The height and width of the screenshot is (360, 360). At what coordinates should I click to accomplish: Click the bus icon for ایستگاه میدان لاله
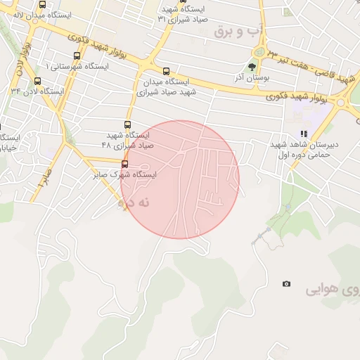click(x=42, y=5)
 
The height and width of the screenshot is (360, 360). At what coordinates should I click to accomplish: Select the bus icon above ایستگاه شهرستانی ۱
click(x=76, y=56)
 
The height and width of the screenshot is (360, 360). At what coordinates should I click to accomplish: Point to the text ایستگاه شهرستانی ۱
click(x=77, y=66)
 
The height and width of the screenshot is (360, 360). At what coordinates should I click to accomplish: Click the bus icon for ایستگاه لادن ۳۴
click(x=37, y=81)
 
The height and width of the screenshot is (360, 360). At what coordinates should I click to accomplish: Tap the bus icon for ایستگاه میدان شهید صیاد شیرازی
click(x=166, y=71)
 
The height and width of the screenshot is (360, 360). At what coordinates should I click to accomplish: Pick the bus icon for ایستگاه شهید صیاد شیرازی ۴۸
click(x=127, y=124)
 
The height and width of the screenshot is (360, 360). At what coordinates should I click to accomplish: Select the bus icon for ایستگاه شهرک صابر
click(x=124, y=164)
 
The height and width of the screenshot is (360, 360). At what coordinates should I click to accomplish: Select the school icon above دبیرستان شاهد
click(x=304, y=133)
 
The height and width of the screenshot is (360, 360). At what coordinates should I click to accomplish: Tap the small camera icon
click(x=285, y=283)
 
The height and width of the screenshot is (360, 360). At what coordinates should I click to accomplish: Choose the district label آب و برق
click(x=233, y=31)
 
